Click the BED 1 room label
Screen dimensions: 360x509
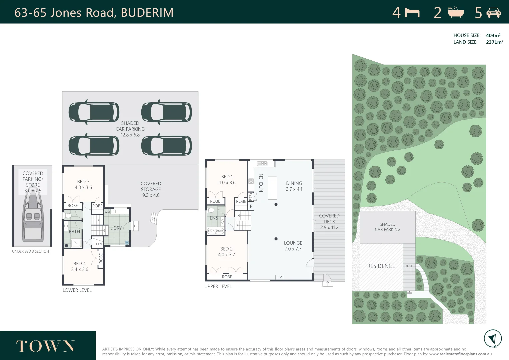(x=227, y=177)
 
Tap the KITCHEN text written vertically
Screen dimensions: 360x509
(x=261, y=183)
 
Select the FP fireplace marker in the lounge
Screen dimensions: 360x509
(x=279, y=277)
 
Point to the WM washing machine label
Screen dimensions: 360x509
(x=107, y=212)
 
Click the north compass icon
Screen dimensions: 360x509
(x=492, y=338)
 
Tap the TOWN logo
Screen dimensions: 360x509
(x=45, y=346)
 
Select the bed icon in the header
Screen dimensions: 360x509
(x=412, y=13)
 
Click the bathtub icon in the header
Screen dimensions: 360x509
(x=455, y=12)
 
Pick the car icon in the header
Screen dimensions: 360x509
(x=493, y=13)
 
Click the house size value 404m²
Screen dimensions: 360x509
(x=493, y=35)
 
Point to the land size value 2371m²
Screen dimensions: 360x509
(x=494, y=42)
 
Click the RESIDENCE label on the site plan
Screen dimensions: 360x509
(x=381, y=266)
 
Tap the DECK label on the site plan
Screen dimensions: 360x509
(x=409, y=266)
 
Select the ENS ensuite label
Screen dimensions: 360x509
(x=214, y=218)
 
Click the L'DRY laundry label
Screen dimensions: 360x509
(x=116, y=228)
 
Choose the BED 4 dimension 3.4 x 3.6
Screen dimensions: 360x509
(x=80, y=269)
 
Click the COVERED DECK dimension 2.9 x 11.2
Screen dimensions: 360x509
(x=329, y=227)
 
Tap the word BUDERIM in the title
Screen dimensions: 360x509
(x=147, y=13)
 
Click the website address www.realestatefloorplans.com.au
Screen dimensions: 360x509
(x=460, y=354)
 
